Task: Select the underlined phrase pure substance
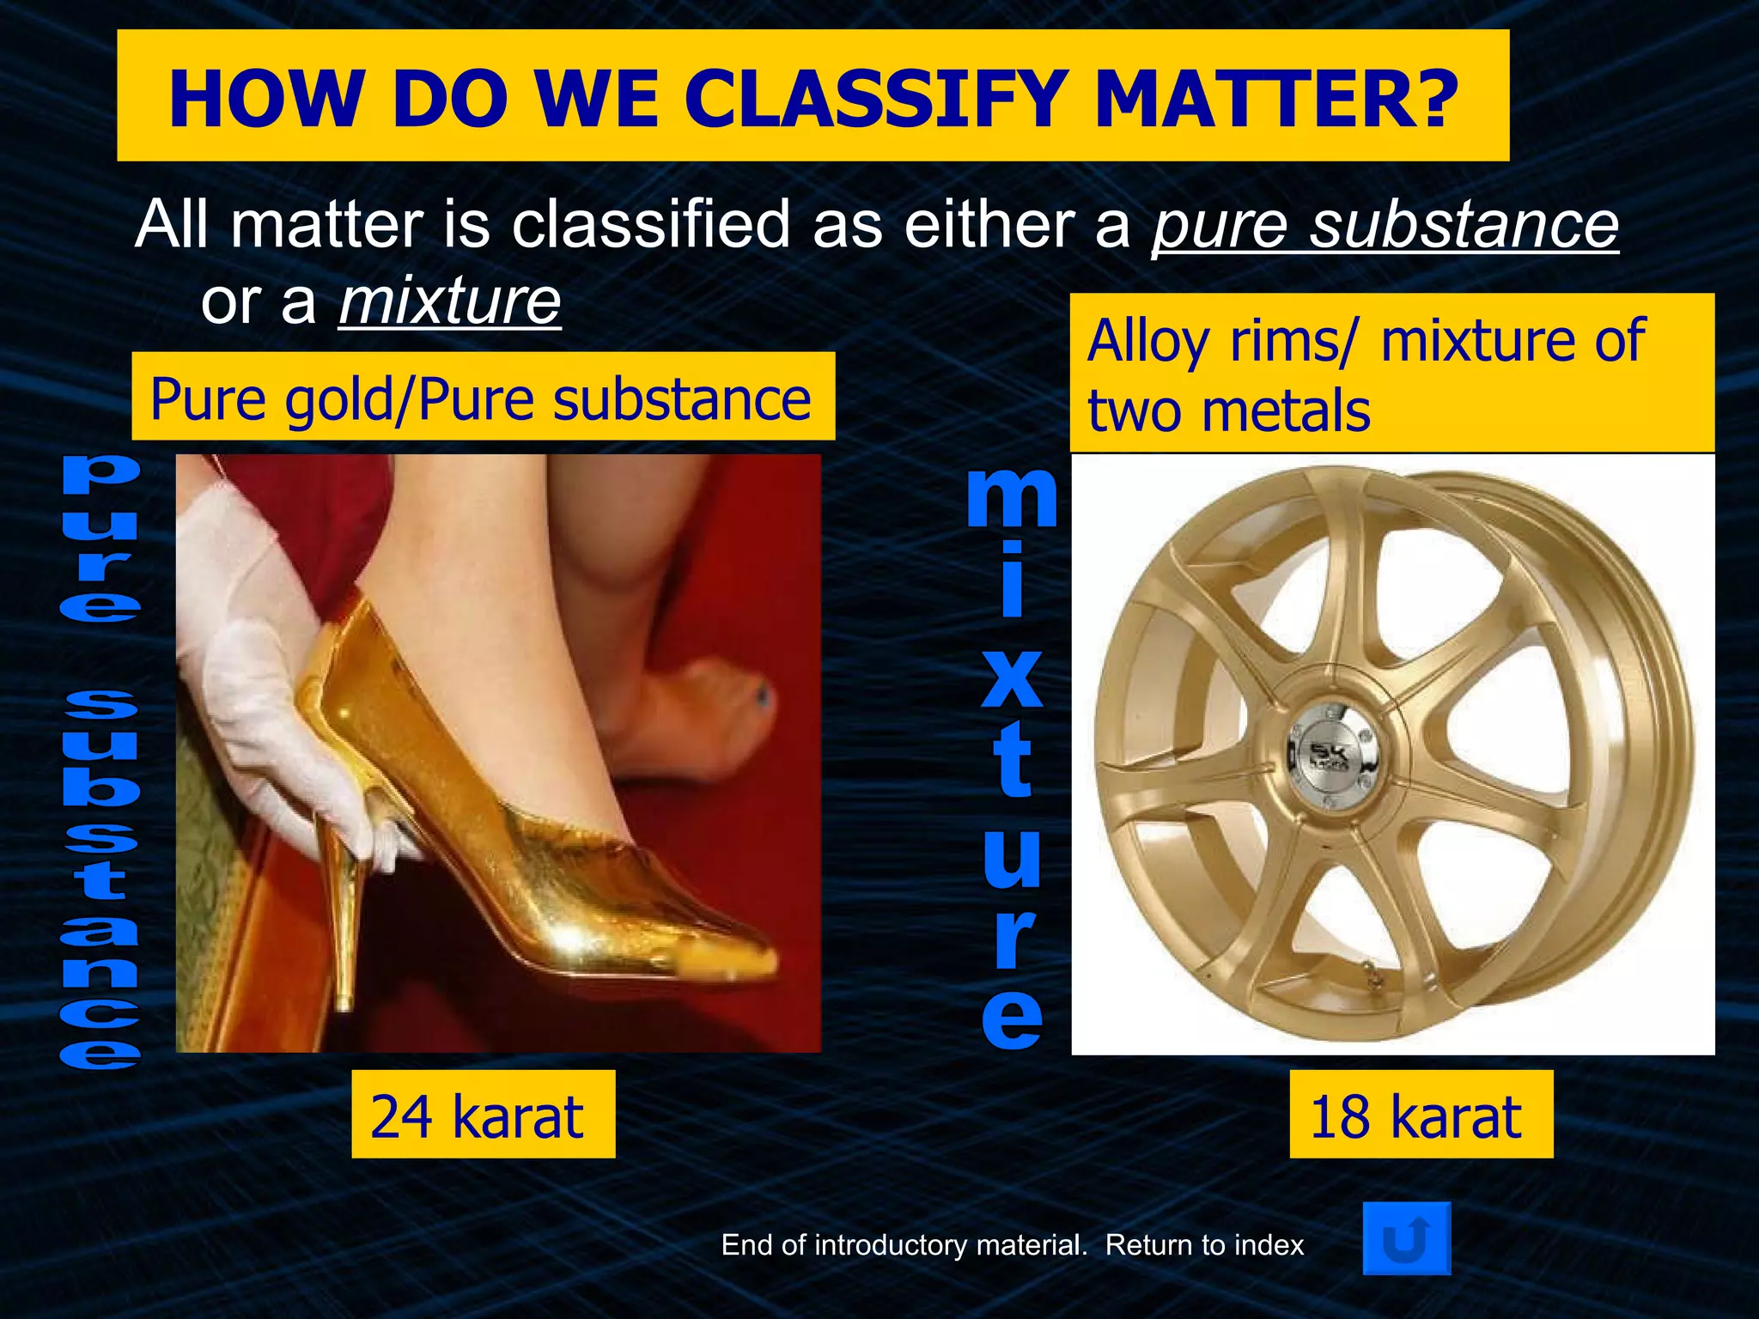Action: click(x=1385, y=225)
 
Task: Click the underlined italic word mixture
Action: click(x=450, y=301)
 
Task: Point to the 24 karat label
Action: click(x=483, y=1115)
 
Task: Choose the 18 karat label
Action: click(x=1421, y=1115)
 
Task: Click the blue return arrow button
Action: click(x=1406, y=1238)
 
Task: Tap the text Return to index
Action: click(x=1204, y=1245)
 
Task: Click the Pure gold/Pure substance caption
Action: click(x=482, y=398)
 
